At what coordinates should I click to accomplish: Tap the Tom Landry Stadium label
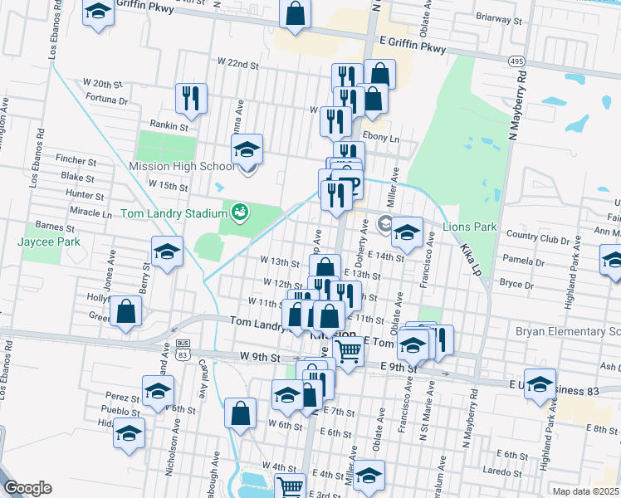[x=174, y=213]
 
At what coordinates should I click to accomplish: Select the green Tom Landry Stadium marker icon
[x=240, y=212]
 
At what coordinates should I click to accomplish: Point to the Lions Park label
[x=469, y=226]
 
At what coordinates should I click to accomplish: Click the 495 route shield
[x=516, y=61]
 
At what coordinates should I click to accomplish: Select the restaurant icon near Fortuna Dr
[x=192, y=98]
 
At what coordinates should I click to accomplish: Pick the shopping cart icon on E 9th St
[x=348, y=353]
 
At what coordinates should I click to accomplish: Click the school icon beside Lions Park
[x=407, y=233]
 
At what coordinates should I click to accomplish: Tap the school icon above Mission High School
[x=247, y=150]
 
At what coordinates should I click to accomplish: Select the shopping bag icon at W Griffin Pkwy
[x=295, y=13]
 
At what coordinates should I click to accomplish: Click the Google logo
[x=28, y=488]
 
